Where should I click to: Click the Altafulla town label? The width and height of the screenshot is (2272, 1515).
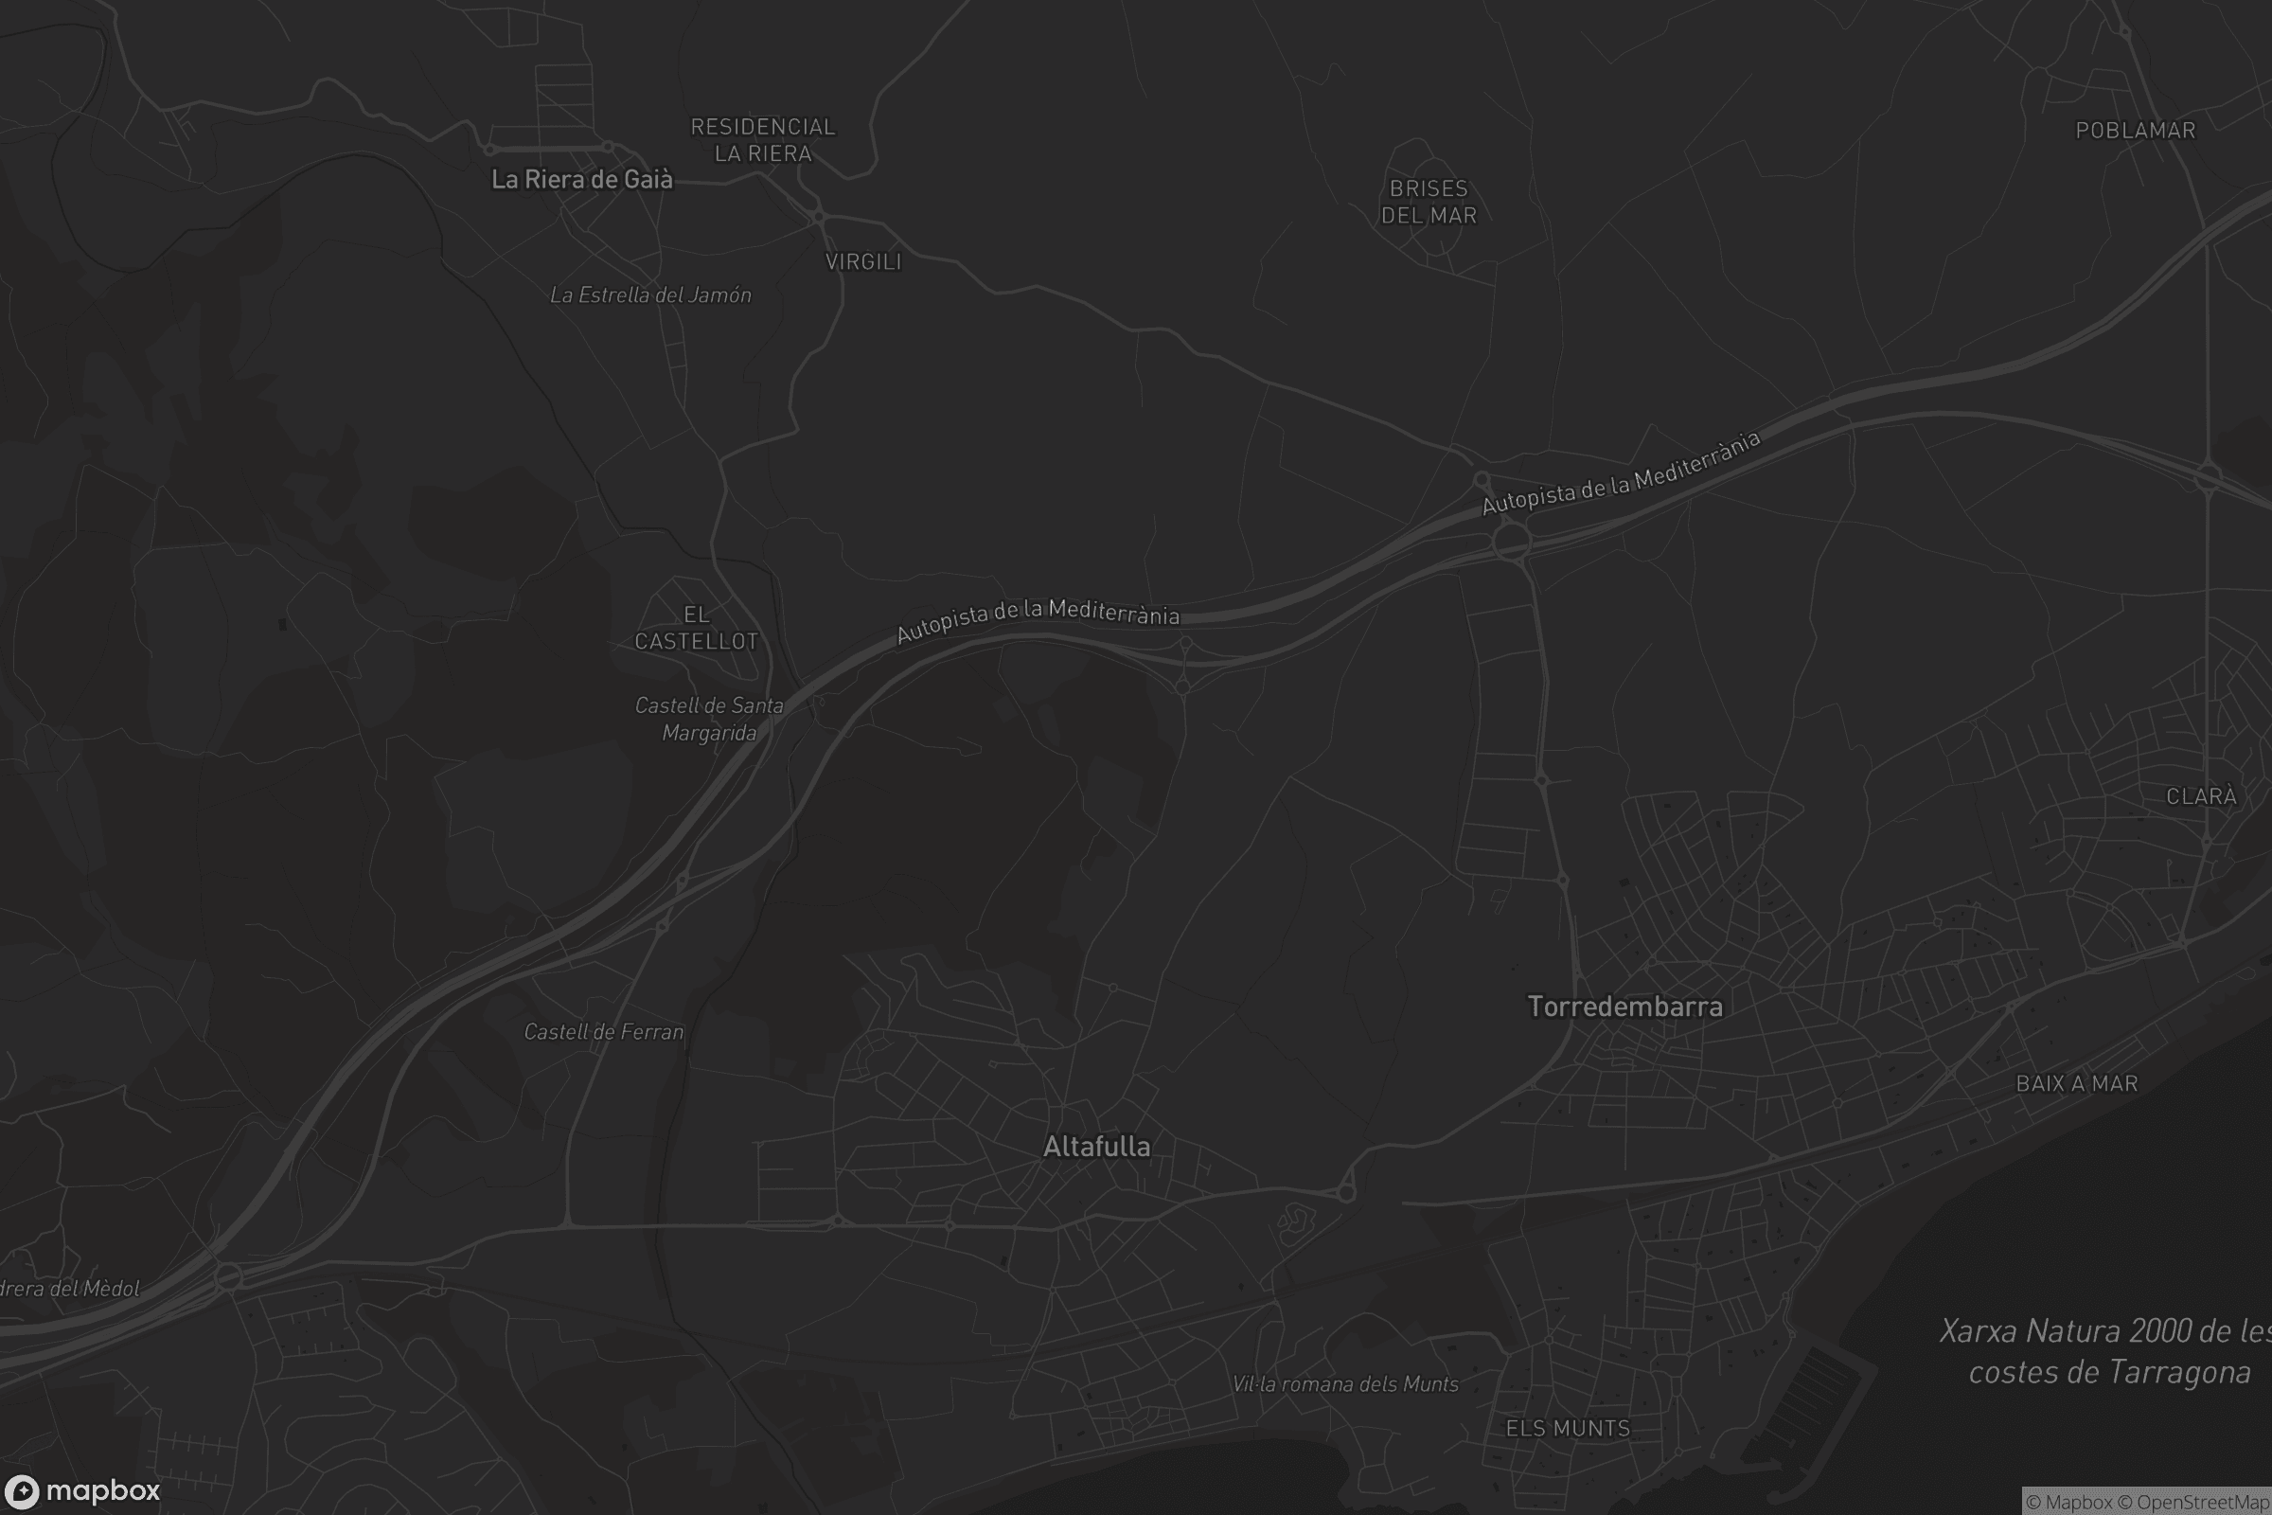(x=1096, y=1147)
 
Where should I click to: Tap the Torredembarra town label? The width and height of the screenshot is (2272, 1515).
(x=1624, y=1007)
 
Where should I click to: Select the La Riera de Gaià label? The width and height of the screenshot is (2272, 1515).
(x=581, y=179)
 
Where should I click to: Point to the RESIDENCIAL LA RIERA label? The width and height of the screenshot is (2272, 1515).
(x=762, y=140)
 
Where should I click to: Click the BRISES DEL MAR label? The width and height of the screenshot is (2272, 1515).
(x=1429, y=202)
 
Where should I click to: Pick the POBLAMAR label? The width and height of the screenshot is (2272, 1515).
(x=2135, y=131)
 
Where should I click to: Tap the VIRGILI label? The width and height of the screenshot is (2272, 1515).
(x=862, y=262)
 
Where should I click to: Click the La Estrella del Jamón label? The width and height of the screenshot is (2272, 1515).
(x=650, y=295)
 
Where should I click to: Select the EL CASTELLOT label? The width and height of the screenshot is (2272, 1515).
(x=697, y=628)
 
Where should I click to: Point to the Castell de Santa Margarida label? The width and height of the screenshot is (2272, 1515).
(x=709, y=719)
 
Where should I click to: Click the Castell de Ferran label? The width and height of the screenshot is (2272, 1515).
(x=604, y=1032)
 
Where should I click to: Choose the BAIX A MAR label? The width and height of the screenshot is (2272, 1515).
(x=2077, y=1084)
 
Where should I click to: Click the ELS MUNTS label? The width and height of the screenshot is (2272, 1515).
(x=1568, y=1428)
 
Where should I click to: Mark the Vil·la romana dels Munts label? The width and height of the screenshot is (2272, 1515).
(x=1344, y=1384)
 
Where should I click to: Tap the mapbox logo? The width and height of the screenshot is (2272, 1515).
(x=82, y=1490)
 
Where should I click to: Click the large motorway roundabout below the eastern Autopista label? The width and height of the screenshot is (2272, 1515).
(x=1511, y=541)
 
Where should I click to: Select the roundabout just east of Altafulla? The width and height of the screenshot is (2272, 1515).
(x=1345, y=1192)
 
